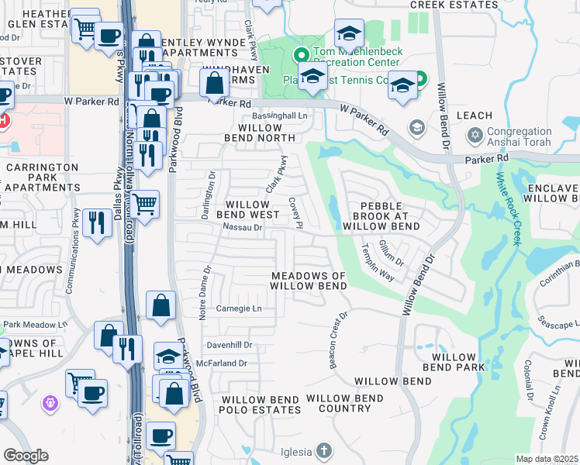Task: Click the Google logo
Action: (26, 456)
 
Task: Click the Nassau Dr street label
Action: (243, 228)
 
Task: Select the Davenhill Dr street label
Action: (230, 345)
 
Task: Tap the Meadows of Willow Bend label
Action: (309, 281)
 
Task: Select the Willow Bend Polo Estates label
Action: (260, 404)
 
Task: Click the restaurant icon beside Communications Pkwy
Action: (96, 223)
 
